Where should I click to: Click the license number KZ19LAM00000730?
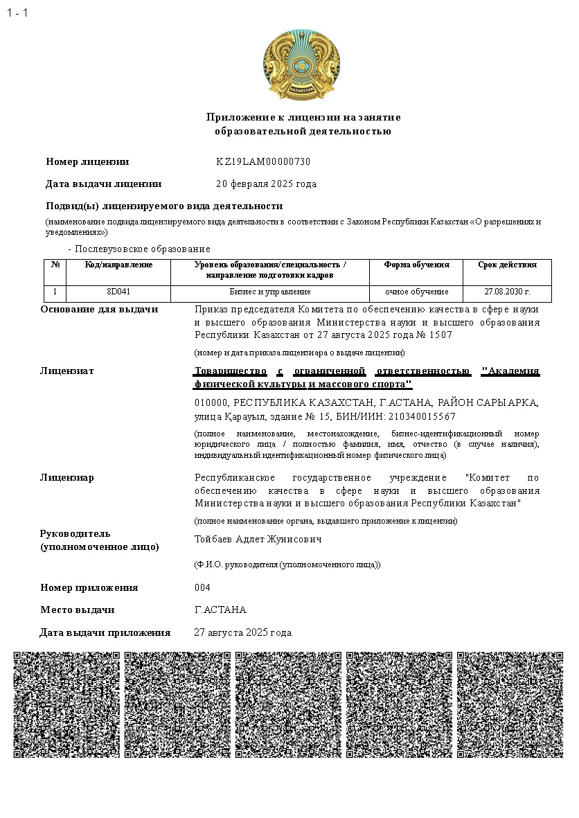pyautogui.click(x=263, y=162)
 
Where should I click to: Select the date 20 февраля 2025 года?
pyautogui.click(x=267, y=184)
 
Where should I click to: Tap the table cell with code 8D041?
pyautogui.click(x=118, y=292)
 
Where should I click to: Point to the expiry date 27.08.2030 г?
pyautogui.click(x=507, y=292)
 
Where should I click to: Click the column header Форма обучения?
pyautogui.click(x=417, y=265)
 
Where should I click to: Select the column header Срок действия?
pyautogui.click(x=507, y=265)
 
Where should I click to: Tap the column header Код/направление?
pyautogui.click(x=118, y=265)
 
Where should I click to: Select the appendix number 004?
pyautogui.click(x=202, y=588)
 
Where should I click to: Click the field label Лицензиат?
pyautogui.click(x=67, y=371)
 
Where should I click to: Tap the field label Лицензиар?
pyautogui.click(x=67, y=478)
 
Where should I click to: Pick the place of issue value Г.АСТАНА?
pyautogui.click(x=220, y=610)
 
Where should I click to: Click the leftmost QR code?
pyautogui.click(x=66, y=704)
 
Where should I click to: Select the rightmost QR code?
pyautogui.click(x=510, y=704)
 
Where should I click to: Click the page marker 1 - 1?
pyautogui.click(x=17, y=13)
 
